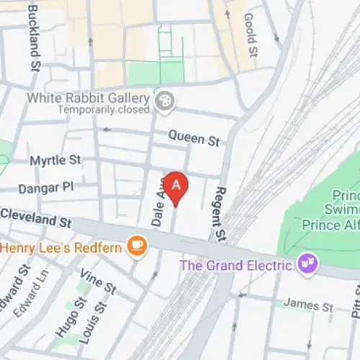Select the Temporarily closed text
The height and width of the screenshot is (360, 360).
tap(104, 110)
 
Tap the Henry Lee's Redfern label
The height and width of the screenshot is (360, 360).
tap(63, 247)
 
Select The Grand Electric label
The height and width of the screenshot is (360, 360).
tap(237, 265)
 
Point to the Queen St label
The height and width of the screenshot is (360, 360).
tap(193, 137)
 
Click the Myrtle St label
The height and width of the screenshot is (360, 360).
tap(55, 160)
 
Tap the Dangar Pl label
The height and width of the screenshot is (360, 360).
tap(48, 186)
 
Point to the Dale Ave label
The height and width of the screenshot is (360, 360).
tap(160, 204)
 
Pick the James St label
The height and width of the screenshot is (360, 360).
tap(307, 305)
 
